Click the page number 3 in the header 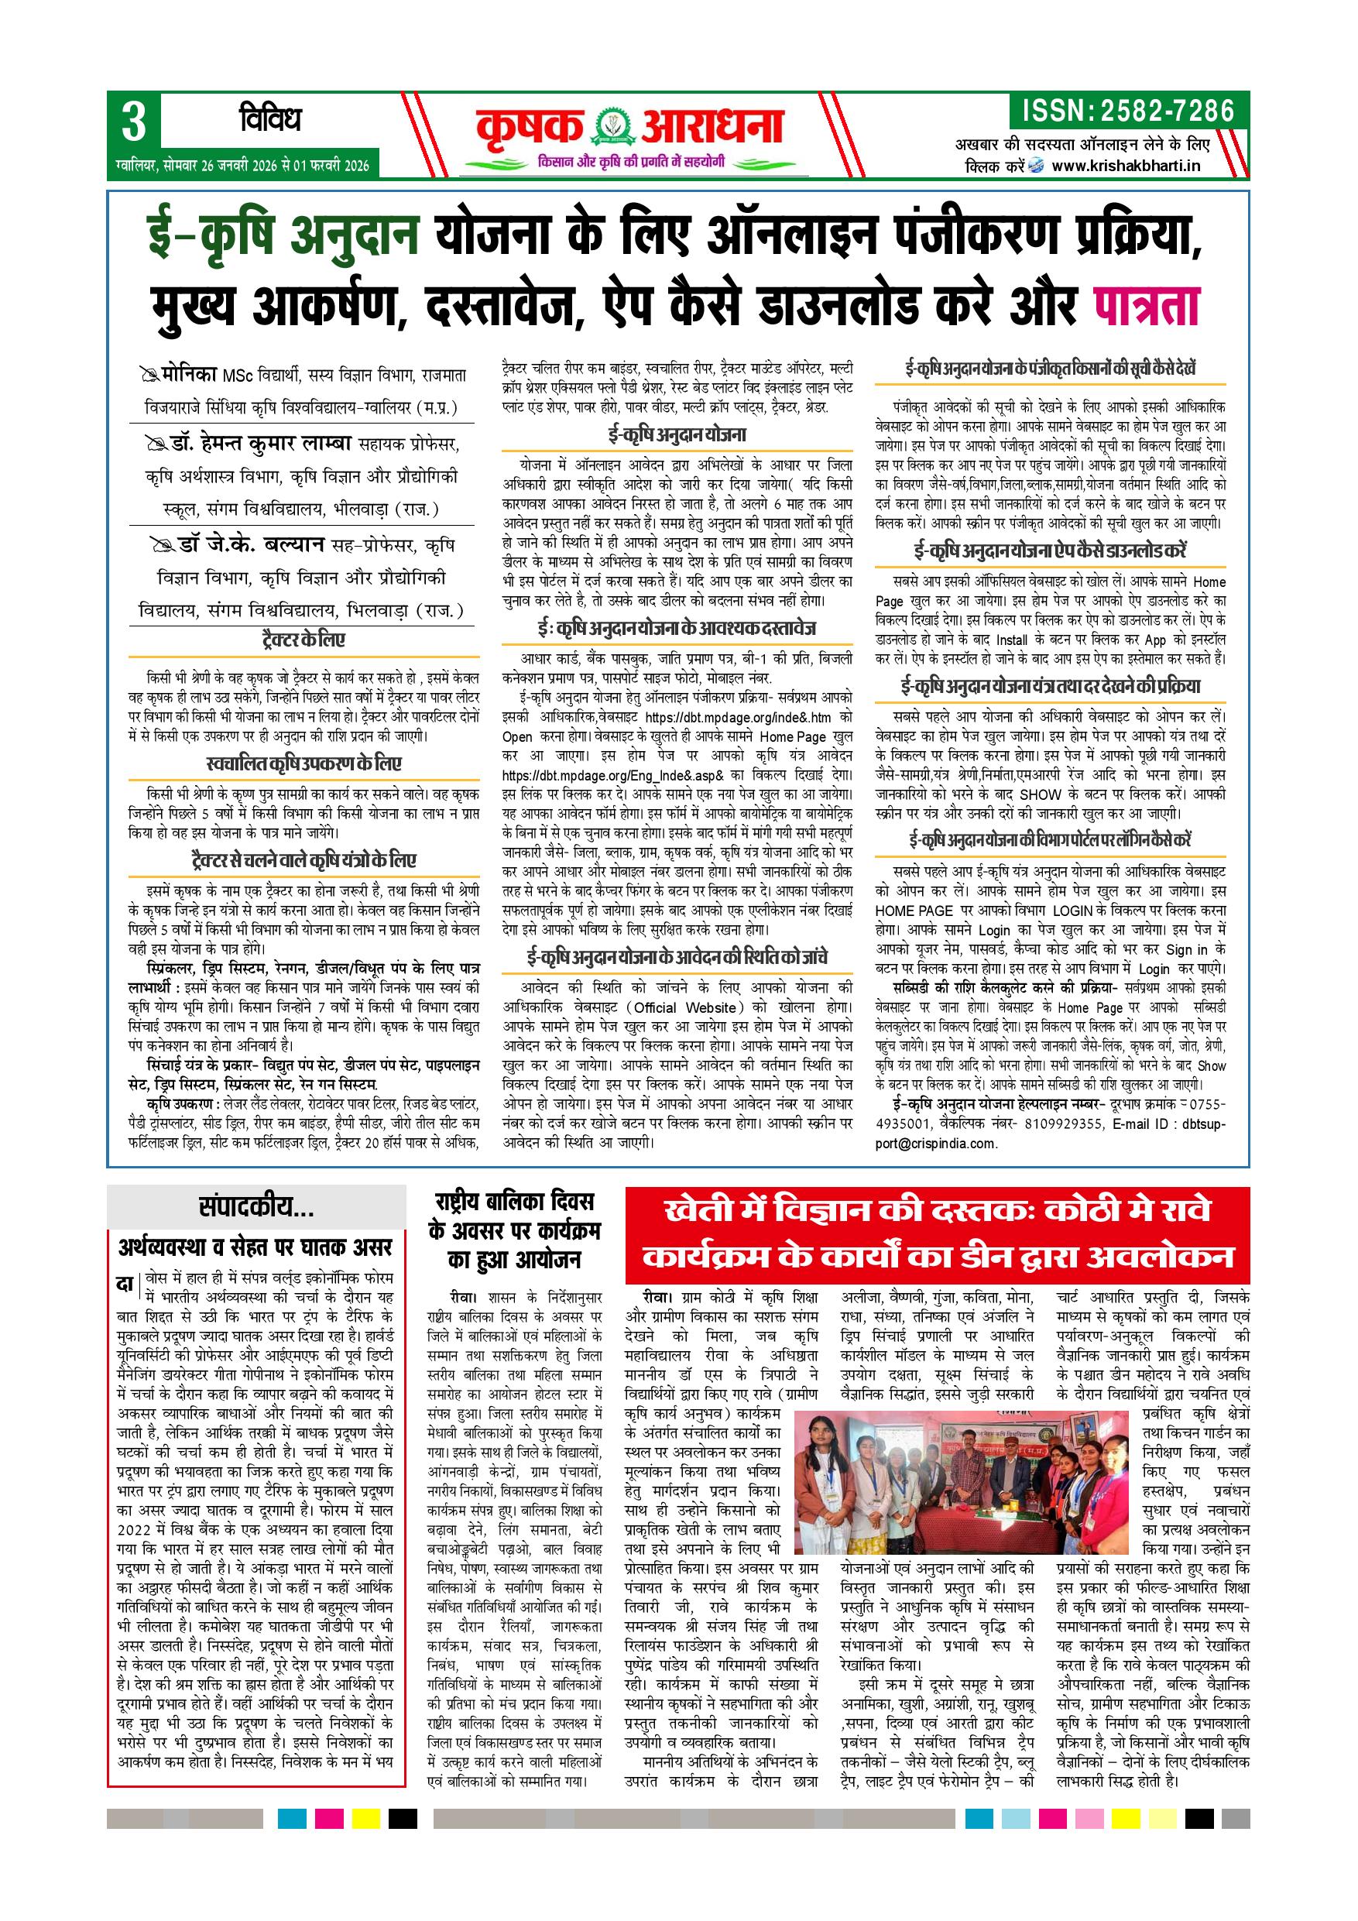(134, 122)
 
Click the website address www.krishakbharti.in (1126, 165)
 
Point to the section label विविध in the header (269, 121)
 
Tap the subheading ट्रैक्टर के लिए (303, 640)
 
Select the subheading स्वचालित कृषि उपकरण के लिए (303, 764)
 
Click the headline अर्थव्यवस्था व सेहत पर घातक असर (255, 1247)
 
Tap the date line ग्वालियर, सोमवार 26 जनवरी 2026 (242, 164)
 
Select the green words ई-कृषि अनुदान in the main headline (282, 235)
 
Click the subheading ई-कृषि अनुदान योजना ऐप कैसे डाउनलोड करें (1050, 551)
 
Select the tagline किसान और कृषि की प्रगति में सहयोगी (633, 160)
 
